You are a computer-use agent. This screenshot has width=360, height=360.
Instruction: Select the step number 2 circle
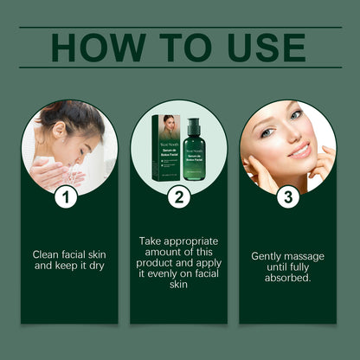click(x=178, y=197)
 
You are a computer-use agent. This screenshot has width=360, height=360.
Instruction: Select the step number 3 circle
click(x=288, y=197)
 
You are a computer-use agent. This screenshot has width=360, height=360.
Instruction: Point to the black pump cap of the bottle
click(x=193, y=122)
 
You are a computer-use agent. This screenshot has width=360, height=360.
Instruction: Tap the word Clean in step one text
click(x=48, y=254)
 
